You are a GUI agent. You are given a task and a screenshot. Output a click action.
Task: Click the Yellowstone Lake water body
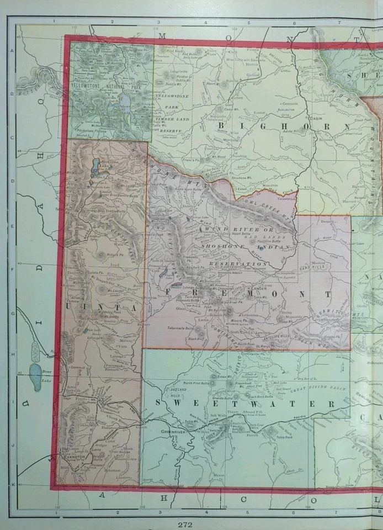pos(125,100)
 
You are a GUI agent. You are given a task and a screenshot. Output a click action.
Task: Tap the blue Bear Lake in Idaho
pos(36,377)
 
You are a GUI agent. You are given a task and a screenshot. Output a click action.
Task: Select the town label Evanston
pos(73,457)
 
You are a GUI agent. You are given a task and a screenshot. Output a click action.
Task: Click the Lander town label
pos(258,289)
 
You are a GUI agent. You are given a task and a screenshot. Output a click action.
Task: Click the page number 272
pos(185,523)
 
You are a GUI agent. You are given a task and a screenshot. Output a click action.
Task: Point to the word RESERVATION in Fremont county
pos(238,264)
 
